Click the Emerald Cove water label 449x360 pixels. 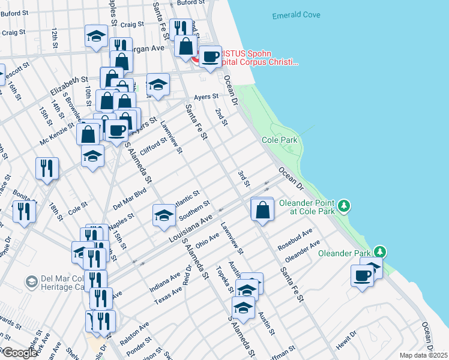tap(296, 15)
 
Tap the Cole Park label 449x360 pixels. tap(279, 140)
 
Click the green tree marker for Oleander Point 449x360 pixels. tap(343, 206)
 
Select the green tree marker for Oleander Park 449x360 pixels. tap(379, 251)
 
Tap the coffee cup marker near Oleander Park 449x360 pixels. tap(363, 275)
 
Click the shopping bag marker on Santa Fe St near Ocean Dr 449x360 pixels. tap(262, 209)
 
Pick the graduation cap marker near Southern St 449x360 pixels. tap(163, 215)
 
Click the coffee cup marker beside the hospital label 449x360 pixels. tap(210, 57)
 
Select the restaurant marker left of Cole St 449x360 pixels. tap(24, 211)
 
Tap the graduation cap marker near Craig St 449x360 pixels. tap(96, 36)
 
